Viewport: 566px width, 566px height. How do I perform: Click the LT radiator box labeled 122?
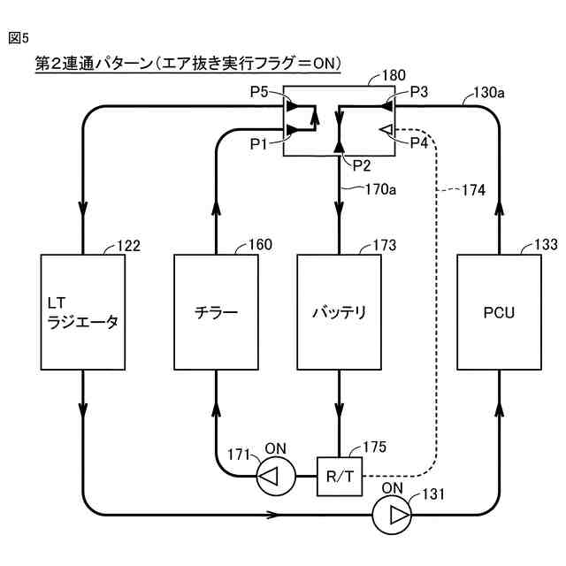(83, 312)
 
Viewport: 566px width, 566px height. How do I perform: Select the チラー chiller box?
(216, 312)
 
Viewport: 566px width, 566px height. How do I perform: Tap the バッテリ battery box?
(340, 312)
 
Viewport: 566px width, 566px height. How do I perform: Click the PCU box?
(499, 312)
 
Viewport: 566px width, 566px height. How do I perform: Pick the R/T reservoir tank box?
(340, 477)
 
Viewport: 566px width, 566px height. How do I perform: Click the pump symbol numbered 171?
(276, 477)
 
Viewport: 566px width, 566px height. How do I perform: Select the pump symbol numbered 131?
(392, 515)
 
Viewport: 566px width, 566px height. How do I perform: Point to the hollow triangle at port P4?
(386, 129)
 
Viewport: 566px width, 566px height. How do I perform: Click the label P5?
(259, 92)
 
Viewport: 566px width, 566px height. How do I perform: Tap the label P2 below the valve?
(362, 165)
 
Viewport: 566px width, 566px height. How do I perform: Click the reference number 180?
(394, 75)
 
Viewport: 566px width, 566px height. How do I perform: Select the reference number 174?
(474, 190)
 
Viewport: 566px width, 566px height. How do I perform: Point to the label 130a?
(489, 93)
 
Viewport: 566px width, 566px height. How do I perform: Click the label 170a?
(380, 189)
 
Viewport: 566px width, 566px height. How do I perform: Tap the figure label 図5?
(19, 38)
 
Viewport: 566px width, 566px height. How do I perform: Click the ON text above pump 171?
(275, 448)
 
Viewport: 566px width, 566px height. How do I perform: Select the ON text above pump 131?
(393, 488)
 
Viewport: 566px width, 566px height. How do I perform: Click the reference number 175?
(375, 447)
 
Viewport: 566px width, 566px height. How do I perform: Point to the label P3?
(419, 92)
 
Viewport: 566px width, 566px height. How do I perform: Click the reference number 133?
(546, 245)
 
